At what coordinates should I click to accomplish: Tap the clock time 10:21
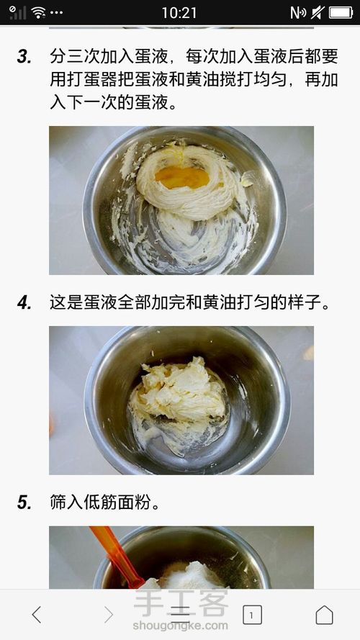[x=179, y=13]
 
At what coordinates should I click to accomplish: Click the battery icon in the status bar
[x=341, y=13]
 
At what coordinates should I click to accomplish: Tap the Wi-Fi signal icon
[x=38, y=13]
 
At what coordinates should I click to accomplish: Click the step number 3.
[x=24, y=57]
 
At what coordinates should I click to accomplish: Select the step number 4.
[x=24, y=303]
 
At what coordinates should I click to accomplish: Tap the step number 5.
[x=24, y=502]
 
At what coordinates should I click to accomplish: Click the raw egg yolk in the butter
[x=182, y=177]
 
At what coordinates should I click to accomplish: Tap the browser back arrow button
[x=36, y=614]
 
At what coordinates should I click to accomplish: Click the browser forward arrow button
[x=108, y=614]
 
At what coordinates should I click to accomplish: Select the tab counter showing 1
[x=252, y=615]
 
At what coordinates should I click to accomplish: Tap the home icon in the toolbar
[x=324, y=614]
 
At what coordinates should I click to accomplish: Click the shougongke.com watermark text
[x=180, y=626]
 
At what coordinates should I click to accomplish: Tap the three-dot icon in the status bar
[x=56, y=13]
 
